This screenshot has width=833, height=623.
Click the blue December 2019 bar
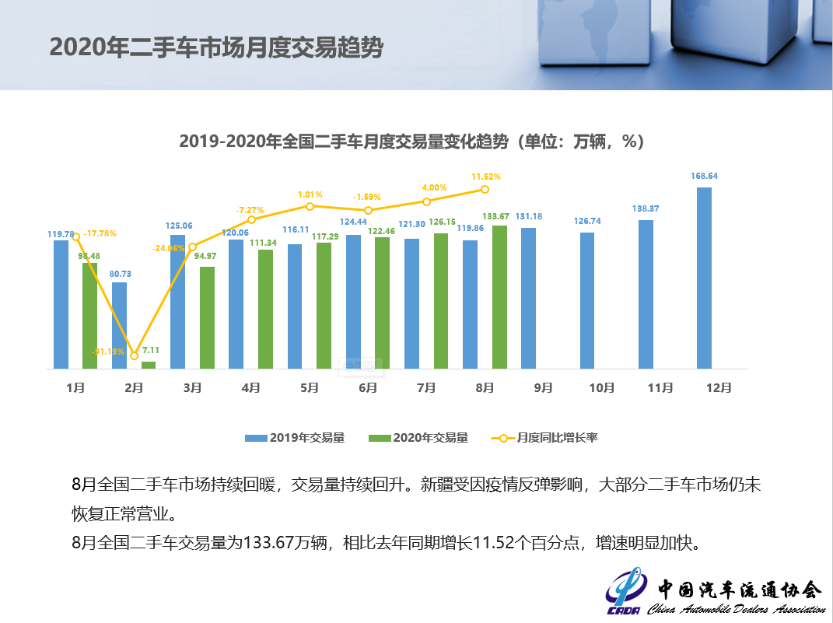pyautogui.click(x=704, y=278)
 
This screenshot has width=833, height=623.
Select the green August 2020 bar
pyautogui.click(x=499, y=297)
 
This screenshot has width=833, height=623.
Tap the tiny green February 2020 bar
pyautogui.click(x=149, y=365)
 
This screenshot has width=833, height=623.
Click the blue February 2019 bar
pyautogui.click(x=119, y=325)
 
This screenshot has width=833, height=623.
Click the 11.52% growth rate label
pyautogui.click(x=485, y=177)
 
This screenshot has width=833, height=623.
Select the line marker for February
pyautogui.click(x=134, y=356)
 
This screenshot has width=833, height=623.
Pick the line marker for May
pyautogui.click(x=310, y=206)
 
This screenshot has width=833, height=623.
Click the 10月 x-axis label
pyautogui.click(x=602, y=387)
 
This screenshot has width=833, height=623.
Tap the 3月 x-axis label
pyautogui.click(x=192, y=387)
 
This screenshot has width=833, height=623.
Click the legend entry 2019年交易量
pyautogui.click(x=295, y=438)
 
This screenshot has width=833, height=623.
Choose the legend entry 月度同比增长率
pyautogui.click(x=544, y=438)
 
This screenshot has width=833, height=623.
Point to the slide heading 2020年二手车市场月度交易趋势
pyautogui.click(x=216, y=47)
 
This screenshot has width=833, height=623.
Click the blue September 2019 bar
pyautogui.click(x=528, y=298)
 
